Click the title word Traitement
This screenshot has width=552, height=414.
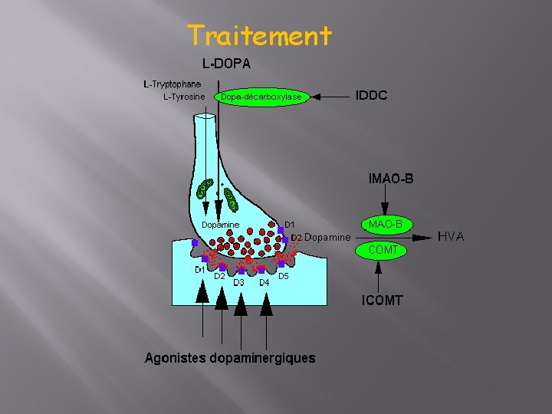[259, 35]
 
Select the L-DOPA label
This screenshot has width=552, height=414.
[226, 63]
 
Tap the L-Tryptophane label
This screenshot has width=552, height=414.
[172, 84]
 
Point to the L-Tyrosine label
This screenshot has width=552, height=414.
[184, 97]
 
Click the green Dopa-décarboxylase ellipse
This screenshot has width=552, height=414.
[261, 97]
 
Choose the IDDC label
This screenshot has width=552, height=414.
[372, 96]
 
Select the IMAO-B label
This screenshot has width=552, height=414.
[391, 179]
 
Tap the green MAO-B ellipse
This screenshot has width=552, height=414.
[386, 224]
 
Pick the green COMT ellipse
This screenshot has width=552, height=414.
[383, 250]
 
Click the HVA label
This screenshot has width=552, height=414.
[451, 237]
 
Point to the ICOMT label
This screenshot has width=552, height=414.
[383, 300]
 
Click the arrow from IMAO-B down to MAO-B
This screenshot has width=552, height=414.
[385, 201]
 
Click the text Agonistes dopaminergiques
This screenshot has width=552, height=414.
[230, 358]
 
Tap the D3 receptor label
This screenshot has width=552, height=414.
[238, 283]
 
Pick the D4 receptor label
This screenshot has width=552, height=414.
[264, 282]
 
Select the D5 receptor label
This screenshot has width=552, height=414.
[283, 276]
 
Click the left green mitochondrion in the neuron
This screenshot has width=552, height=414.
[205, 189]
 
